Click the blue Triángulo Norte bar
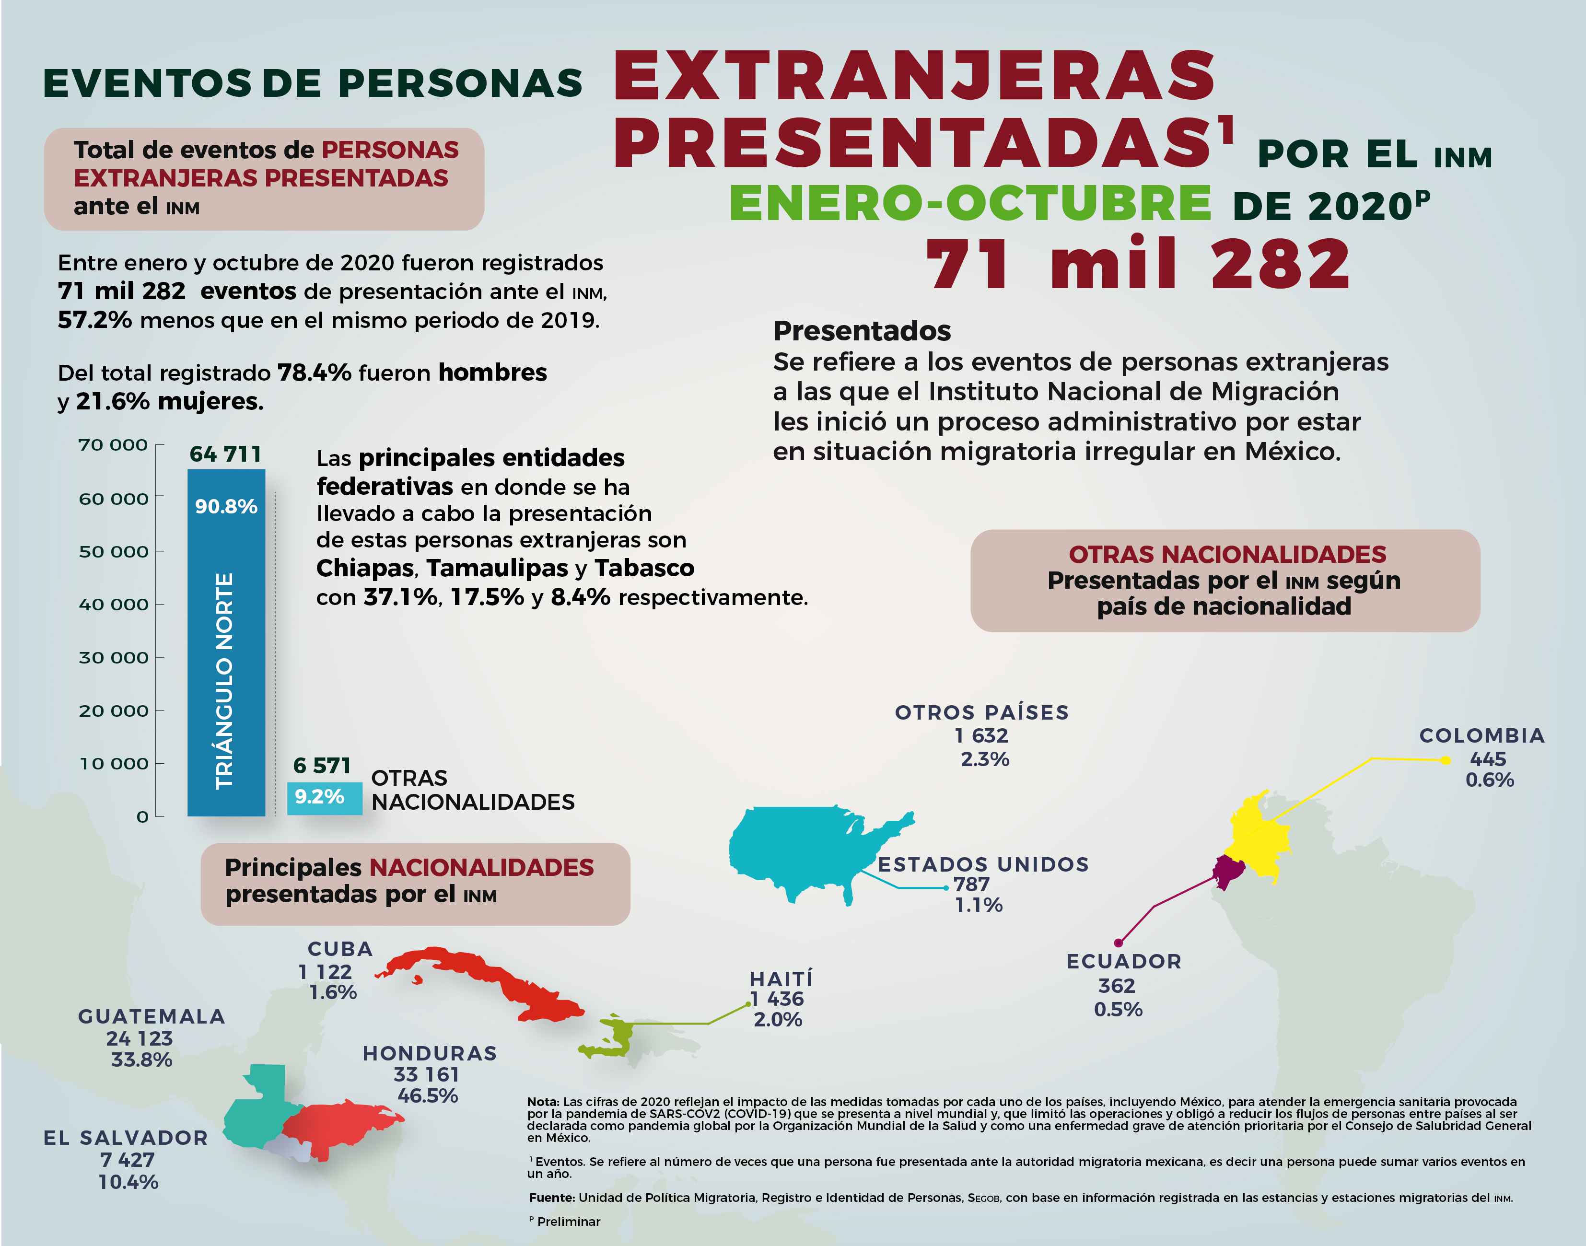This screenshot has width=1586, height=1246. pyautogui.click(x=226, y=642)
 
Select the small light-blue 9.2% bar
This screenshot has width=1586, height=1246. pyautogui.click(x=324, y=797)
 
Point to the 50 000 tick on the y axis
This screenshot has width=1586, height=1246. pyautogui.click(x=113, y=551)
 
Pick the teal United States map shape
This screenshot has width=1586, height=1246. pyautogui.click(x=803, y=846)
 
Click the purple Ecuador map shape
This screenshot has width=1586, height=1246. pyautogui.click(x=1228, y=872)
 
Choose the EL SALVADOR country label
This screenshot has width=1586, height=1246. pyautogui.click(x=126, y=1137)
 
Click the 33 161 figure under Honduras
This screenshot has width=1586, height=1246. pyautogui.click(x=426, y=1074)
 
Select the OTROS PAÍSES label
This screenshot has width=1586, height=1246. pyautogui.click(x=981, y=712)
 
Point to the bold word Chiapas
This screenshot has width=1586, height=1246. pyautogui.click(x=365, y=568)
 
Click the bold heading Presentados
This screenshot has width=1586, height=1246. pyautogui.click(x=862, y=330)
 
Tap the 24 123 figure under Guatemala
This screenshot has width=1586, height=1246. pyautogui.click(x=140, y=1038)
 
